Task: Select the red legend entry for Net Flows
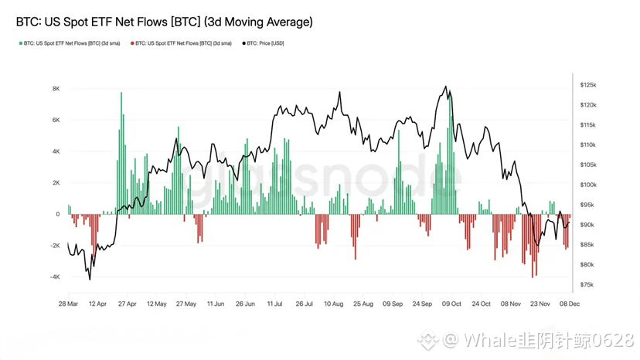(x=182, y=44)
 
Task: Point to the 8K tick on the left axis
(x=56, y=89)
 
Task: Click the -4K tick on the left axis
(x=53, y=277)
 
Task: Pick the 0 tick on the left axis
(x=57, y=214)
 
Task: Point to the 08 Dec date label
(x=570, y=304)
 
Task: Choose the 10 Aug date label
(x=333, y=304)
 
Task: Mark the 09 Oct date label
(x=451, y=304)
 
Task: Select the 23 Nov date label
(x=539, y=304)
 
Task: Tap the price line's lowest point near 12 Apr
(x=90, y=279)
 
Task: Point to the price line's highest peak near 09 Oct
(x=445, y=87)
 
